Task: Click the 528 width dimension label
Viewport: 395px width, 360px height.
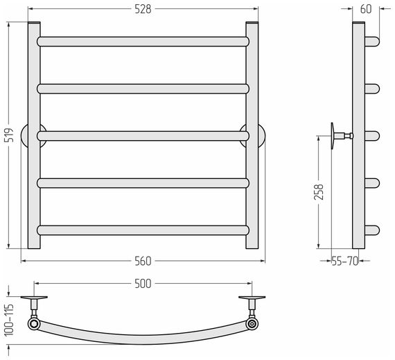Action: pyautogui.click(x=143, y=9)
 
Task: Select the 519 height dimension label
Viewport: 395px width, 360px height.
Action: pyautogui.click(x=9, y=135)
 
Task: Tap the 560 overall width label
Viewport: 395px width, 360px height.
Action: pyautogui.click(x=143, y=262)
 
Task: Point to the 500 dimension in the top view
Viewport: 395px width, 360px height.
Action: pyautogui.click(x=143, y=284)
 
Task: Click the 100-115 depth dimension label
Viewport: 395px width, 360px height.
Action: pyautogui.click(x=9, y=320)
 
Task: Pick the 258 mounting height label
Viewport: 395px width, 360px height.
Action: pyautogui.click(x=319, y=192)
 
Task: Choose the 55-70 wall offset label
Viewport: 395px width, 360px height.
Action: pyautogui.click(x=345, y=262)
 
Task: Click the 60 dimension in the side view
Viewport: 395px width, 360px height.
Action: pyautogui.click(x=366, y=9)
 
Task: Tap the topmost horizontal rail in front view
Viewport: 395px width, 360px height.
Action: pyautogui.click(x=143, y=42)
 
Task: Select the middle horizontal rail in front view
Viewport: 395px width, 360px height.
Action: pyautogui.click(x=143, y=136)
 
